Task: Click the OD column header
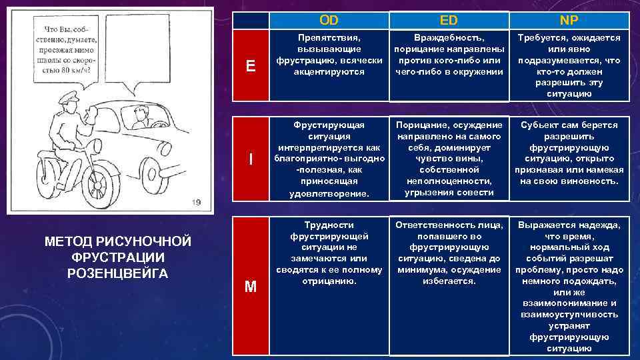click(x=328, y=21)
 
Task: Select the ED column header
click(x=448, y=21)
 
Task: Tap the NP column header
click(x=568, y=21)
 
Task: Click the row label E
click(x=251, y=65)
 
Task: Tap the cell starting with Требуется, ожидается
click(x=568, y=65)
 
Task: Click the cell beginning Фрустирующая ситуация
click(x=328, y=159)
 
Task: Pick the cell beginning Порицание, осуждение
click(x=448, y=159)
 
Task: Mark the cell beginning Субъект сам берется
click(x=568, y=153)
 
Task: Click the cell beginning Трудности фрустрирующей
click(x=328, y=253)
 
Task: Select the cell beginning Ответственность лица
click(x=448, y=253)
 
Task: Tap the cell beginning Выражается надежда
click(x=568, y=286)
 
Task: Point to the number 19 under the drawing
click(x=195, y=202)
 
